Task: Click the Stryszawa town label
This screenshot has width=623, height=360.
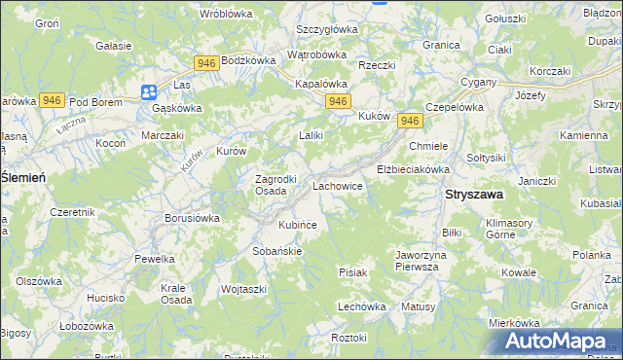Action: (473, 195)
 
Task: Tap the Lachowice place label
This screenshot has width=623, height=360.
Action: (338, 185)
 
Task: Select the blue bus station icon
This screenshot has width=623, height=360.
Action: (148, 92)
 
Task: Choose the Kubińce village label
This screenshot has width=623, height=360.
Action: (298, 225)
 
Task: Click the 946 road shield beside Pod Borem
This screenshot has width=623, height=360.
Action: (53, 100)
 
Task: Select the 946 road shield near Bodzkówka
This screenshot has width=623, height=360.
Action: (205, 63)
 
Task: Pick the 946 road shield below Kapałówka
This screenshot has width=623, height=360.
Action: (338, 101)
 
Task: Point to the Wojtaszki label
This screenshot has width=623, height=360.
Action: (243, 290)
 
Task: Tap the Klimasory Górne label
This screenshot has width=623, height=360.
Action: (513, 229)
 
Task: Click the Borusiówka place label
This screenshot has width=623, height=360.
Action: (192, 219)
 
